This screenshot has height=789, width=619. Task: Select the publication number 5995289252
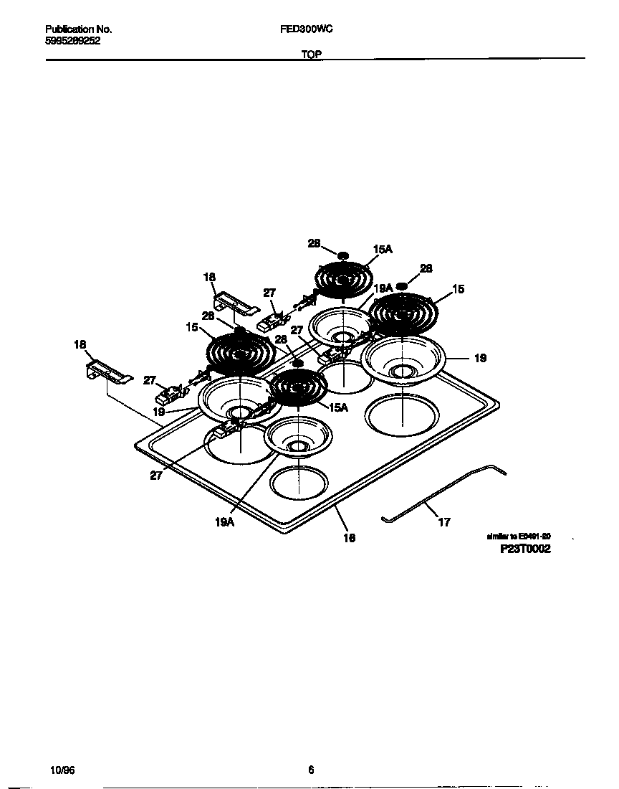(x=72, y=41)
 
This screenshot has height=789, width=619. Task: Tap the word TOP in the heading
(x=311, y=54)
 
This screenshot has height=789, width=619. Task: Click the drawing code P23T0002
(x=525, y=549)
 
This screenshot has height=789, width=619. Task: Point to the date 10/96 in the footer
(x=63, y=770)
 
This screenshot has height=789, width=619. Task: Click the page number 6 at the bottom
(x=311, y=770)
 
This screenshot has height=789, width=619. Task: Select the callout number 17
(x=444, y=522)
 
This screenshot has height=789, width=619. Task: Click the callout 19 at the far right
(x=480, y=358)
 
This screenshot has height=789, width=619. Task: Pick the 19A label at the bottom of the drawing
(x=224, y=523)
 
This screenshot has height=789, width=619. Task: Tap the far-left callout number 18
(x=80, y=345)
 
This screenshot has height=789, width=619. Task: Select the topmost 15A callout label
(x=383, y=250)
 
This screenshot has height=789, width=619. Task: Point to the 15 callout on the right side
(x=459, y=289)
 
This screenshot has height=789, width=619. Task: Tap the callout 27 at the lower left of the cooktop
(x=156, y=475)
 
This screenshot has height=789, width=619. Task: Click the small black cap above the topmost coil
(x=343, y=255)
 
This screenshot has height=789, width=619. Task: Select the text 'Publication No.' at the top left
(x=78, y=29)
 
